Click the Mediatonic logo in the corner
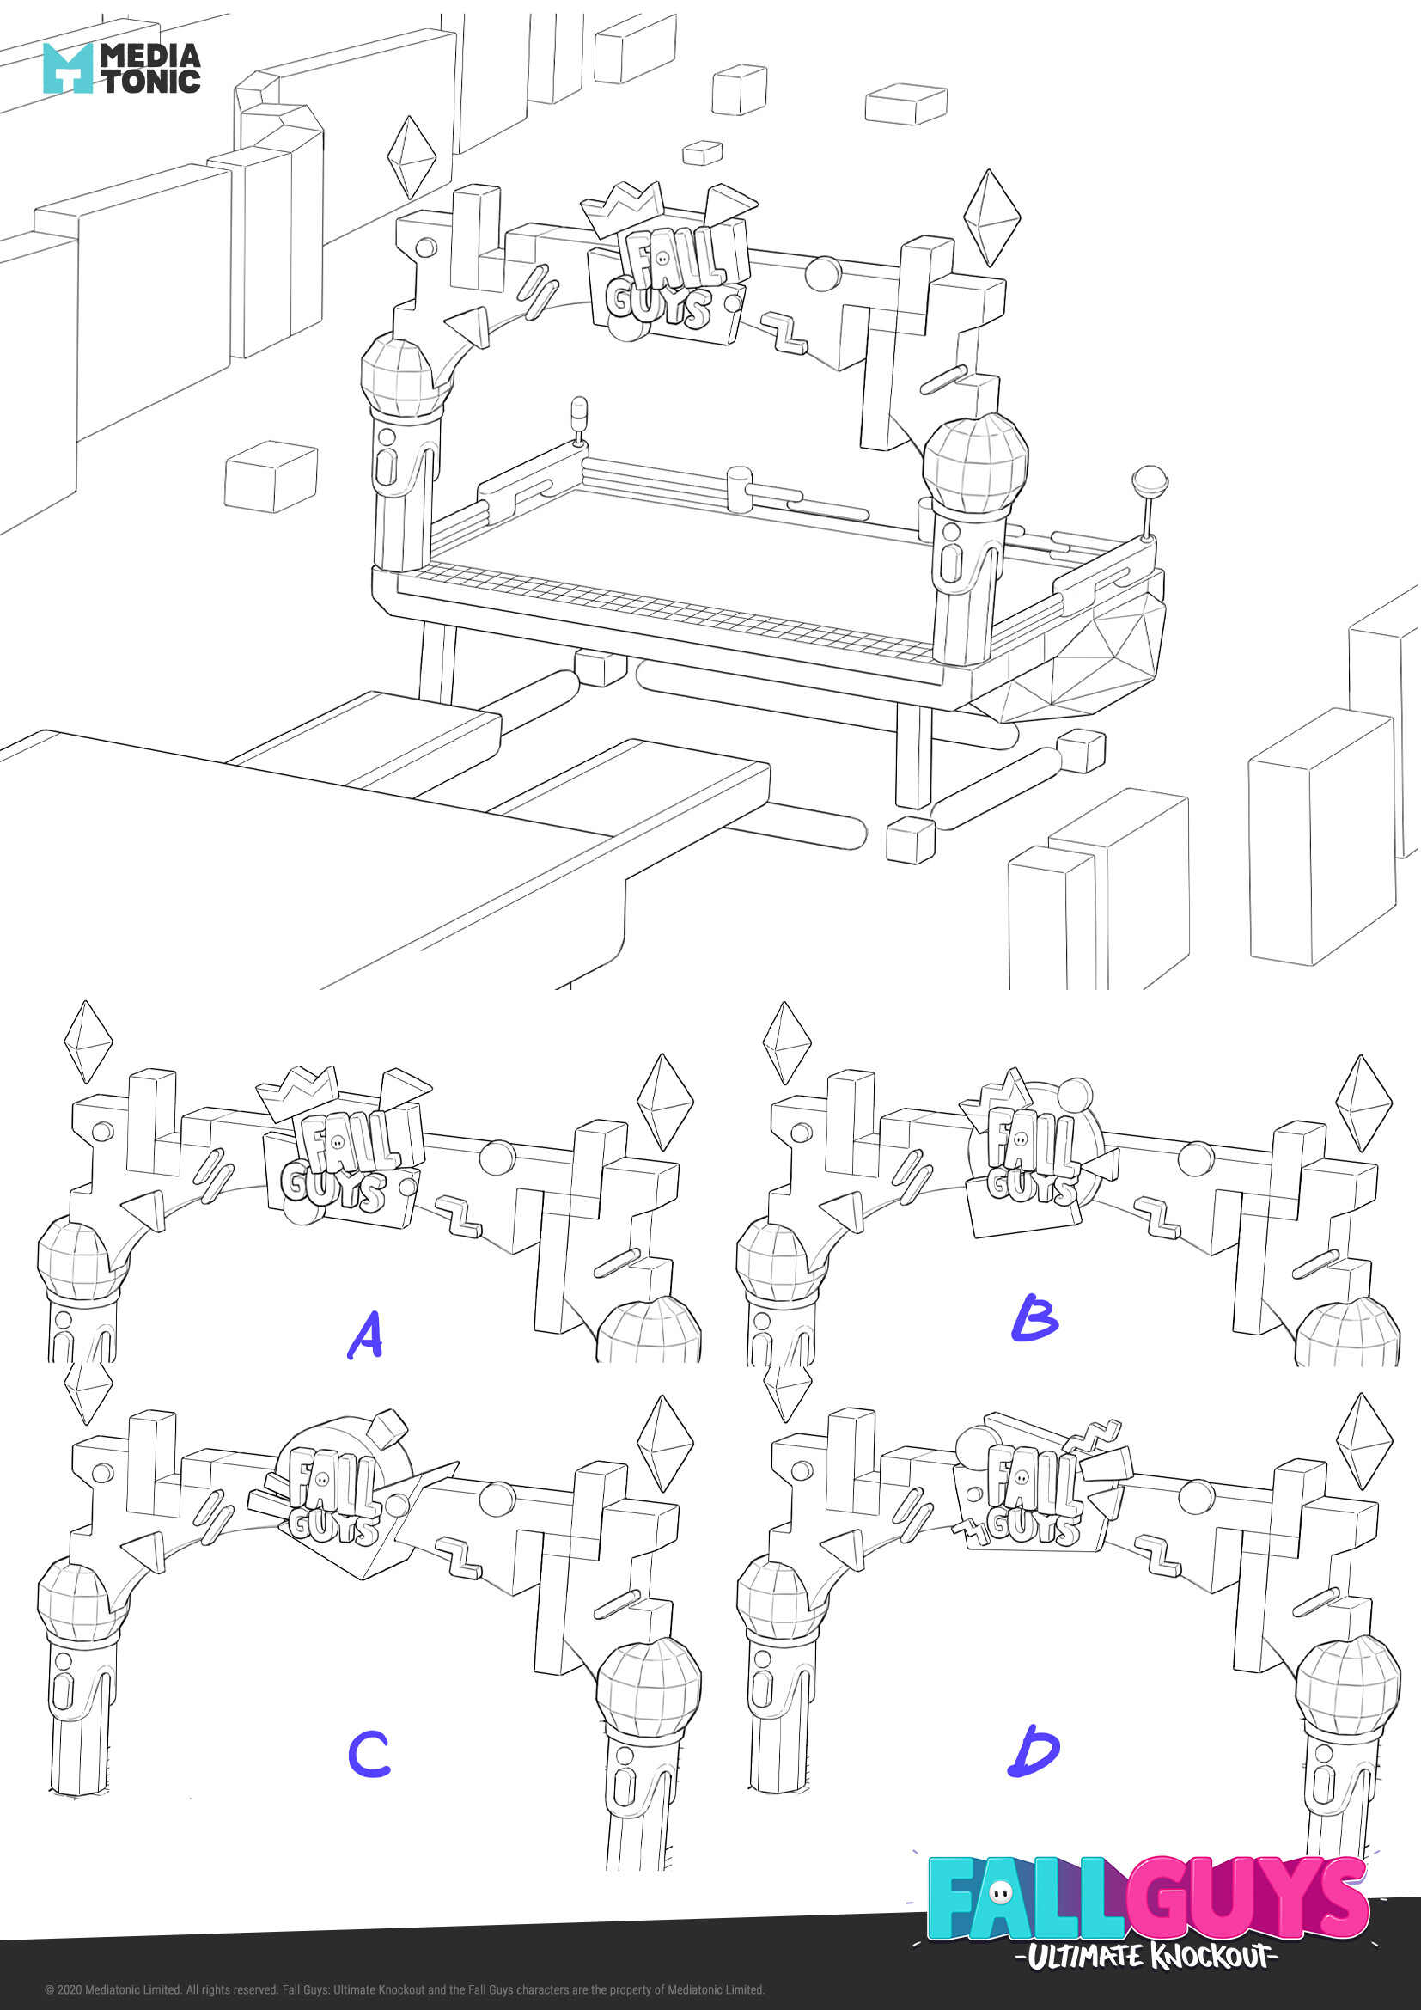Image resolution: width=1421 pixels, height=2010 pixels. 122,68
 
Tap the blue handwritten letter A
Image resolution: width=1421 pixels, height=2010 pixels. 366,1335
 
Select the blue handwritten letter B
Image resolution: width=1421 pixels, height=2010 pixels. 1034,1317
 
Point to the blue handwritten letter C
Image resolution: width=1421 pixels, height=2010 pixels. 369,1752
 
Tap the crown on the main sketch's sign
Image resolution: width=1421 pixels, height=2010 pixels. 623,209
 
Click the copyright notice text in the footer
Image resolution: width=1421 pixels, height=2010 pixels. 406,1990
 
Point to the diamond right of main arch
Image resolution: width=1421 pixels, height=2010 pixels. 991,217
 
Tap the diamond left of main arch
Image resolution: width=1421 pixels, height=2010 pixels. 412,157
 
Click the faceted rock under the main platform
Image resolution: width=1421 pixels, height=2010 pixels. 1085,657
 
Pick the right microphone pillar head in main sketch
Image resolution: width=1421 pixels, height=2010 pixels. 975,464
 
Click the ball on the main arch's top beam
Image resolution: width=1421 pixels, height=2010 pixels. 822,272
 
